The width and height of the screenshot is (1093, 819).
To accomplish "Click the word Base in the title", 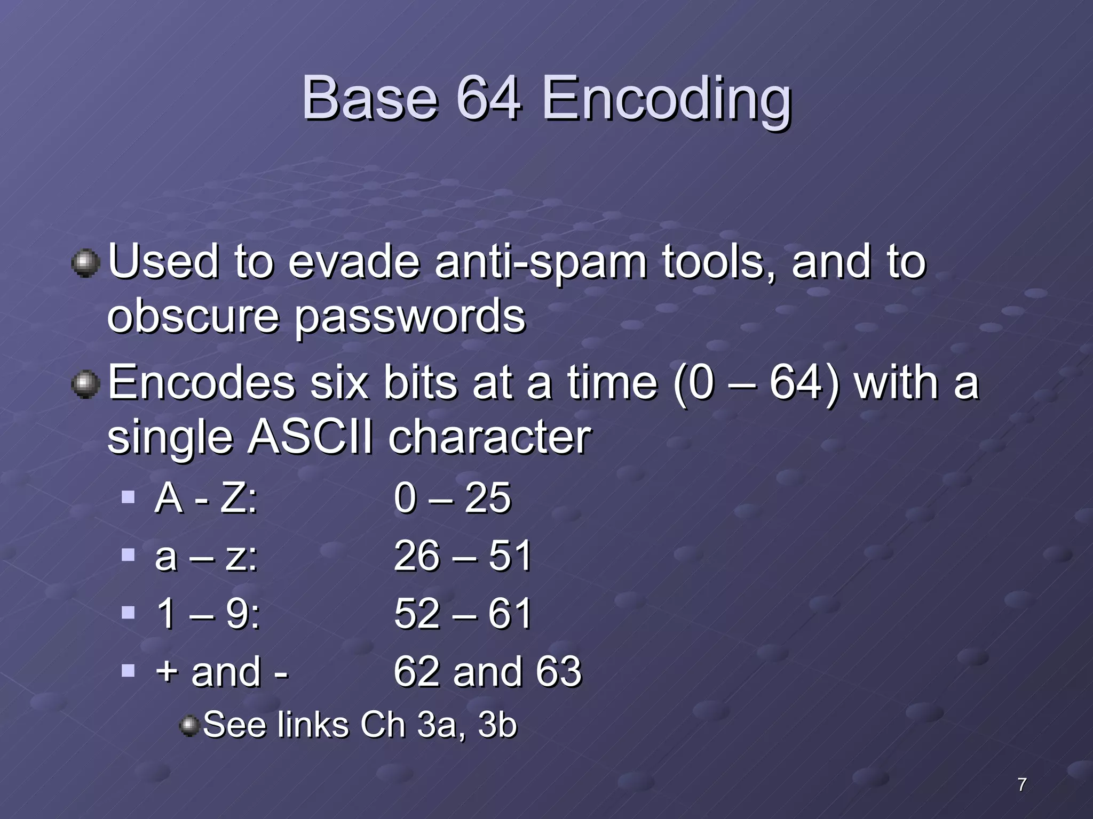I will tap(370, 99).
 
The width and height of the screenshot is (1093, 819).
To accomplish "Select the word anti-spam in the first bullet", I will tap(541, 262).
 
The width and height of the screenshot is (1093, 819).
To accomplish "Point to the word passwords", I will tap(410, 317).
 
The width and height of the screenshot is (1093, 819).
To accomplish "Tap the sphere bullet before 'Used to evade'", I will tap(85, 263).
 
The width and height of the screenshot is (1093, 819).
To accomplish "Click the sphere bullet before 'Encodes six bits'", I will tap(85, 384).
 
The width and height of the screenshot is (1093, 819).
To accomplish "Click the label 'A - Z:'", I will tap(206, 498).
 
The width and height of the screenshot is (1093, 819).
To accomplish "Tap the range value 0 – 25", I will tap(452, 498).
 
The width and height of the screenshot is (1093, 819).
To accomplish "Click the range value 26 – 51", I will tap(462, 556).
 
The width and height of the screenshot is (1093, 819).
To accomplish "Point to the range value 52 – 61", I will tap(462, 613).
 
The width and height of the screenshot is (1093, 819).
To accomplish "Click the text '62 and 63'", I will tap(487, 671).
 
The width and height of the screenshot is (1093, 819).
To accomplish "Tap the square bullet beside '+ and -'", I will tap(128, 670).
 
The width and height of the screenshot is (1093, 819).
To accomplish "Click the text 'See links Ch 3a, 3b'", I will tap(360, 725).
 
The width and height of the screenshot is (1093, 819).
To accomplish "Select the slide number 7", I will tap(1021, 784).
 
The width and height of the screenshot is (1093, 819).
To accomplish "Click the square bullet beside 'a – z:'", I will tap(128, 555).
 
